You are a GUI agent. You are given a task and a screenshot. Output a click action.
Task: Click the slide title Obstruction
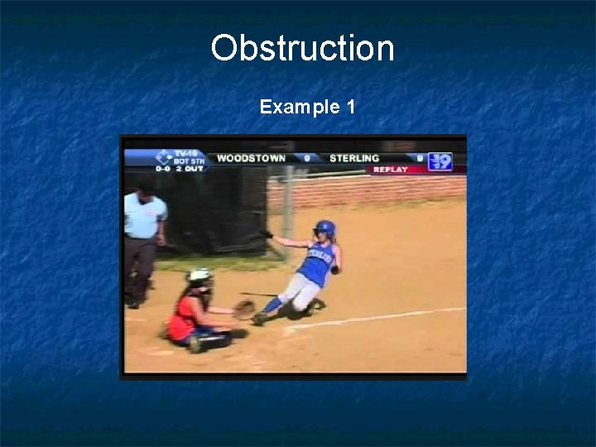(302, 48)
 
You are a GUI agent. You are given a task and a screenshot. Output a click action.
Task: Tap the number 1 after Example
(351, 107)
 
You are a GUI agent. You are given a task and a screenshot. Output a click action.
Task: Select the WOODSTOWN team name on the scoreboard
(251, 158)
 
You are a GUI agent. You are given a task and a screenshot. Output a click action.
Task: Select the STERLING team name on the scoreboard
(354, 158)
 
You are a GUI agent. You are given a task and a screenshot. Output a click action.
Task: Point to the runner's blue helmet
(324, 227)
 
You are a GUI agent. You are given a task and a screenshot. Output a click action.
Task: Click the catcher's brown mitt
(243, 310)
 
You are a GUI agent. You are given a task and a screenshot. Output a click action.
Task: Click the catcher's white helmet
(199, 276)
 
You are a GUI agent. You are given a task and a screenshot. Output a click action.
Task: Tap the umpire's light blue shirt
(145, 216)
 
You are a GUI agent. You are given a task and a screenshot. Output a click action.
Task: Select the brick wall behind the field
(381, 190)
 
